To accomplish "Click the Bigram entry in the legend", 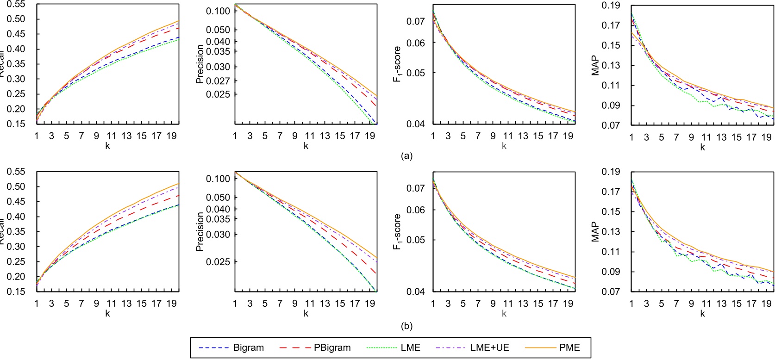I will (x=249, y=348).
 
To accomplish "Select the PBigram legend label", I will (x=332, y=348).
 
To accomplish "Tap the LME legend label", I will (x=410, y=348).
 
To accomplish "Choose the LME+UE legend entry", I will (x=490, y=348).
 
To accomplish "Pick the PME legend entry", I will (x=569, y=348).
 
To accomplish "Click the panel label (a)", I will (x=406, y=156).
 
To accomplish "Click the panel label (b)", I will (x=406, y=326).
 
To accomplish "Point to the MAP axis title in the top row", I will (x=595, y=65).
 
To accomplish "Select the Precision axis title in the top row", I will (x=200, y=64).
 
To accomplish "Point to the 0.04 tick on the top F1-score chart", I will (x=415, y=124).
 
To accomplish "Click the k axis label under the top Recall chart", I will (x=107, y=146).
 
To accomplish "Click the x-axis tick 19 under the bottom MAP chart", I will (x=766, y=304).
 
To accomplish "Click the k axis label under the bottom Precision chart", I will (x=306, y=313).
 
